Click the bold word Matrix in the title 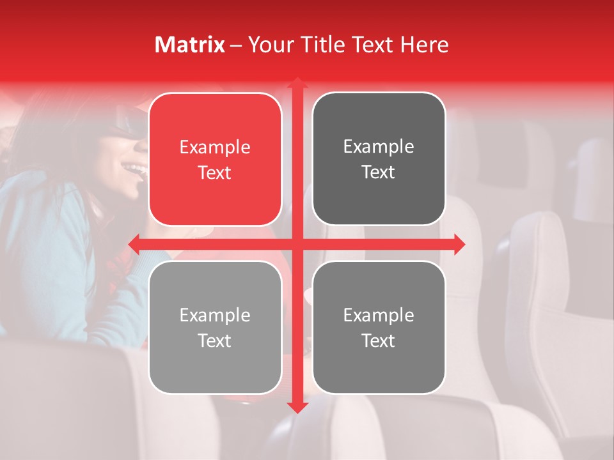point(190,45)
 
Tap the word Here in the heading point(424,45)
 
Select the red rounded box point(215,159)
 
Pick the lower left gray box point(215,327)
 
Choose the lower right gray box point(379,327)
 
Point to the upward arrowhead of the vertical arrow point(297,82)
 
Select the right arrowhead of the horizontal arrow point(459,243)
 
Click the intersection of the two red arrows point(297,243)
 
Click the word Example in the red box point(215,148)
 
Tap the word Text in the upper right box point(379,172)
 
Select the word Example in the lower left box point(215,316)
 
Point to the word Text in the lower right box point(379,341)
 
